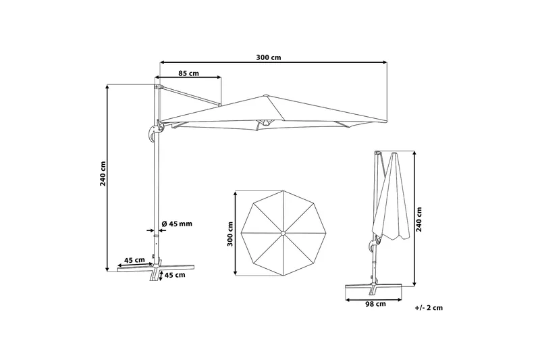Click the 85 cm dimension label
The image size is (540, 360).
coord(188,73)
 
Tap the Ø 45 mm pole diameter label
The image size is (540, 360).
coord(177,224)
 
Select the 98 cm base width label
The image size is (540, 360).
coord(375,304)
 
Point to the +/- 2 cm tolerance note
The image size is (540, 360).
coord(429,307)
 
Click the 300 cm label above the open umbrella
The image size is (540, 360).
coord(268,57)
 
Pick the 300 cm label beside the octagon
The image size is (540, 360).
coord(230,234)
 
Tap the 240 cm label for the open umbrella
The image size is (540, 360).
coord(103,174)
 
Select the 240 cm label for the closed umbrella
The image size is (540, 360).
coord(418,220)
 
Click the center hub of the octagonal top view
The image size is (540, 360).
coord(283,233)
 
